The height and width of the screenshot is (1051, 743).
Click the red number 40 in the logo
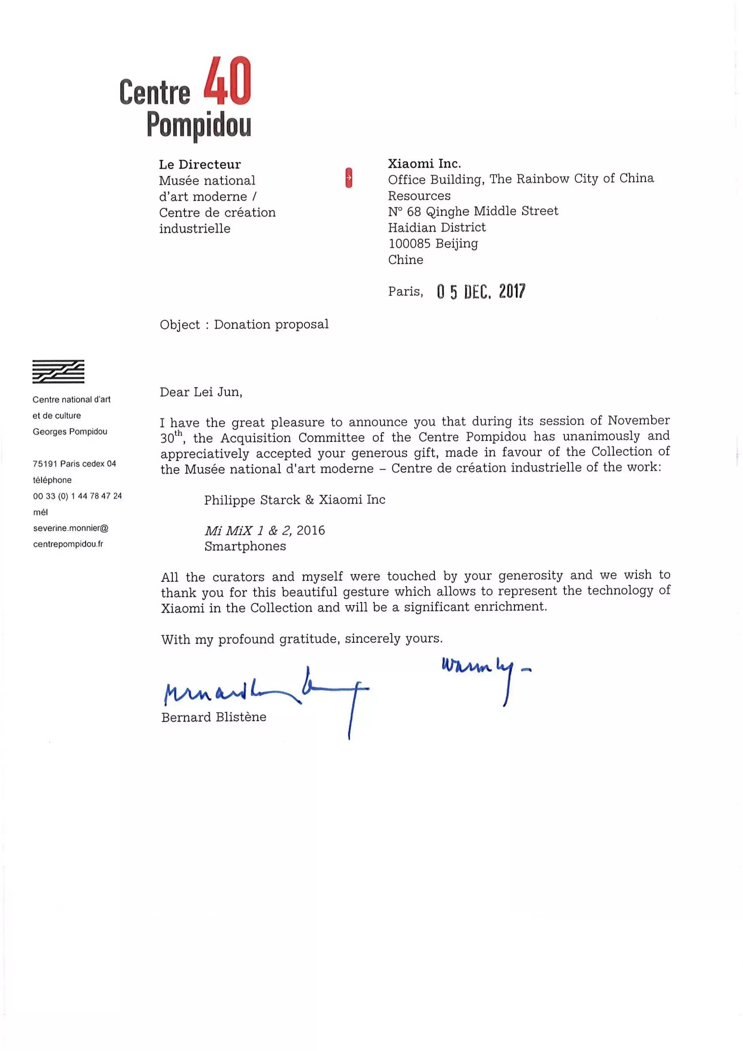coord(227,81)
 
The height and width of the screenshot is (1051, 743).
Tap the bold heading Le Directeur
coord(200,164)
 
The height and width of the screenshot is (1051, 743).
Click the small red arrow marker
coord(349,178)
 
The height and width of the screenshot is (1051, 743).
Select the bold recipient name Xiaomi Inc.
coord(424,163)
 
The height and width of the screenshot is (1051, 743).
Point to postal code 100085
coord(409,243)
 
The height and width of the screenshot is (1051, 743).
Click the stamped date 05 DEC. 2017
coord(481,291)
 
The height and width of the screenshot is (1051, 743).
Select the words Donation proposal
coord(271,325)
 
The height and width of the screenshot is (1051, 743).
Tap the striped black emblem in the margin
coord(58,371)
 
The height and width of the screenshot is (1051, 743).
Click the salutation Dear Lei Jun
coord(201,392)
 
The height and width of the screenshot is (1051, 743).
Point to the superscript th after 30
coord(178,433)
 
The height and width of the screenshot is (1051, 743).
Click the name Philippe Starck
coord(252,500)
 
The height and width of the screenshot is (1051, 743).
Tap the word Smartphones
coord(245,546)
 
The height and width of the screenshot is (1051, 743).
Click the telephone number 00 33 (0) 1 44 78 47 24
coord(77,496)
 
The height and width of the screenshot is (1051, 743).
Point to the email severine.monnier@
coord(71,528)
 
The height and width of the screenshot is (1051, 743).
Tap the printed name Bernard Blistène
coord(213,717)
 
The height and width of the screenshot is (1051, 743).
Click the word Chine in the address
coord(405,260)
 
